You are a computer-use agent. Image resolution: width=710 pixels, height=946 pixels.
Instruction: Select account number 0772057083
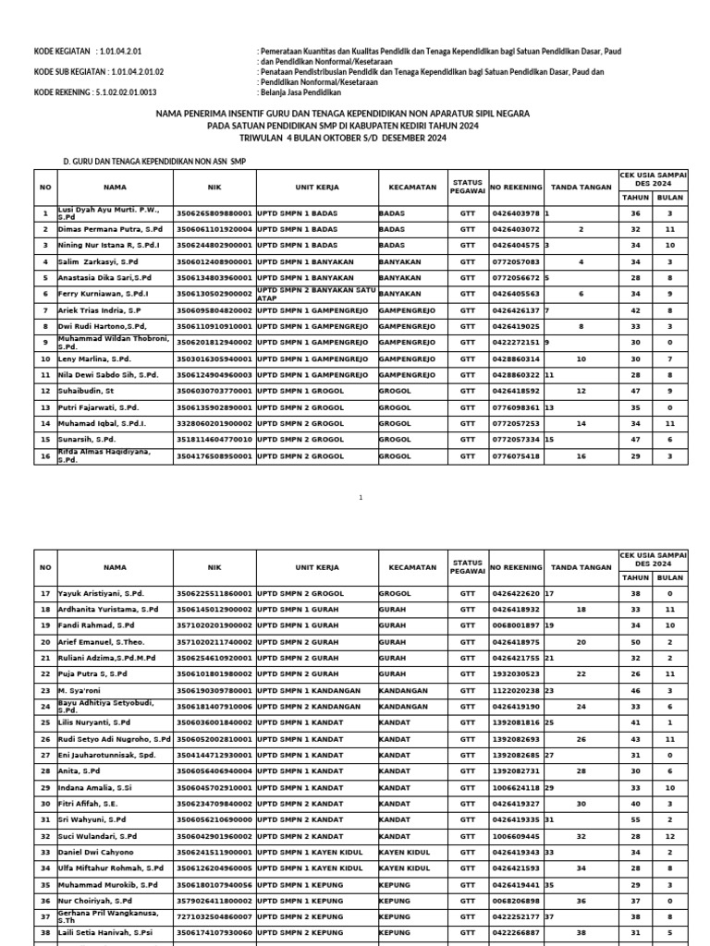point(515,261)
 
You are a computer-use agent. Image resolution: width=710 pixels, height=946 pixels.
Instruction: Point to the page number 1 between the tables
point(361,497)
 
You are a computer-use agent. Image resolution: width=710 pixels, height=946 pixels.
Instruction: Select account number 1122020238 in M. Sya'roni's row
point(515,690)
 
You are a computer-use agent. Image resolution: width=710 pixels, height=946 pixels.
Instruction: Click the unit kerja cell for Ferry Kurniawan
point(316,294)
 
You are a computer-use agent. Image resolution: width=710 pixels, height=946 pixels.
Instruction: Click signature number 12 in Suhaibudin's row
point(581,391)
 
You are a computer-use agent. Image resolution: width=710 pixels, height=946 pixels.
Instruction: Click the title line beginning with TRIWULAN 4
point(355,139)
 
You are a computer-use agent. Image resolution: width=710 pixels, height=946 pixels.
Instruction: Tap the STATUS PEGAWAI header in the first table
point(468,187)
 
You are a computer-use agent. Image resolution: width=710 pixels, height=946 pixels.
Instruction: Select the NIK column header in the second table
point(214,567)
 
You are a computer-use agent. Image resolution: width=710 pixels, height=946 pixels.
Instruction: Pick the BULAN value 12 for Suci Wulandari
point(670,835)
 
